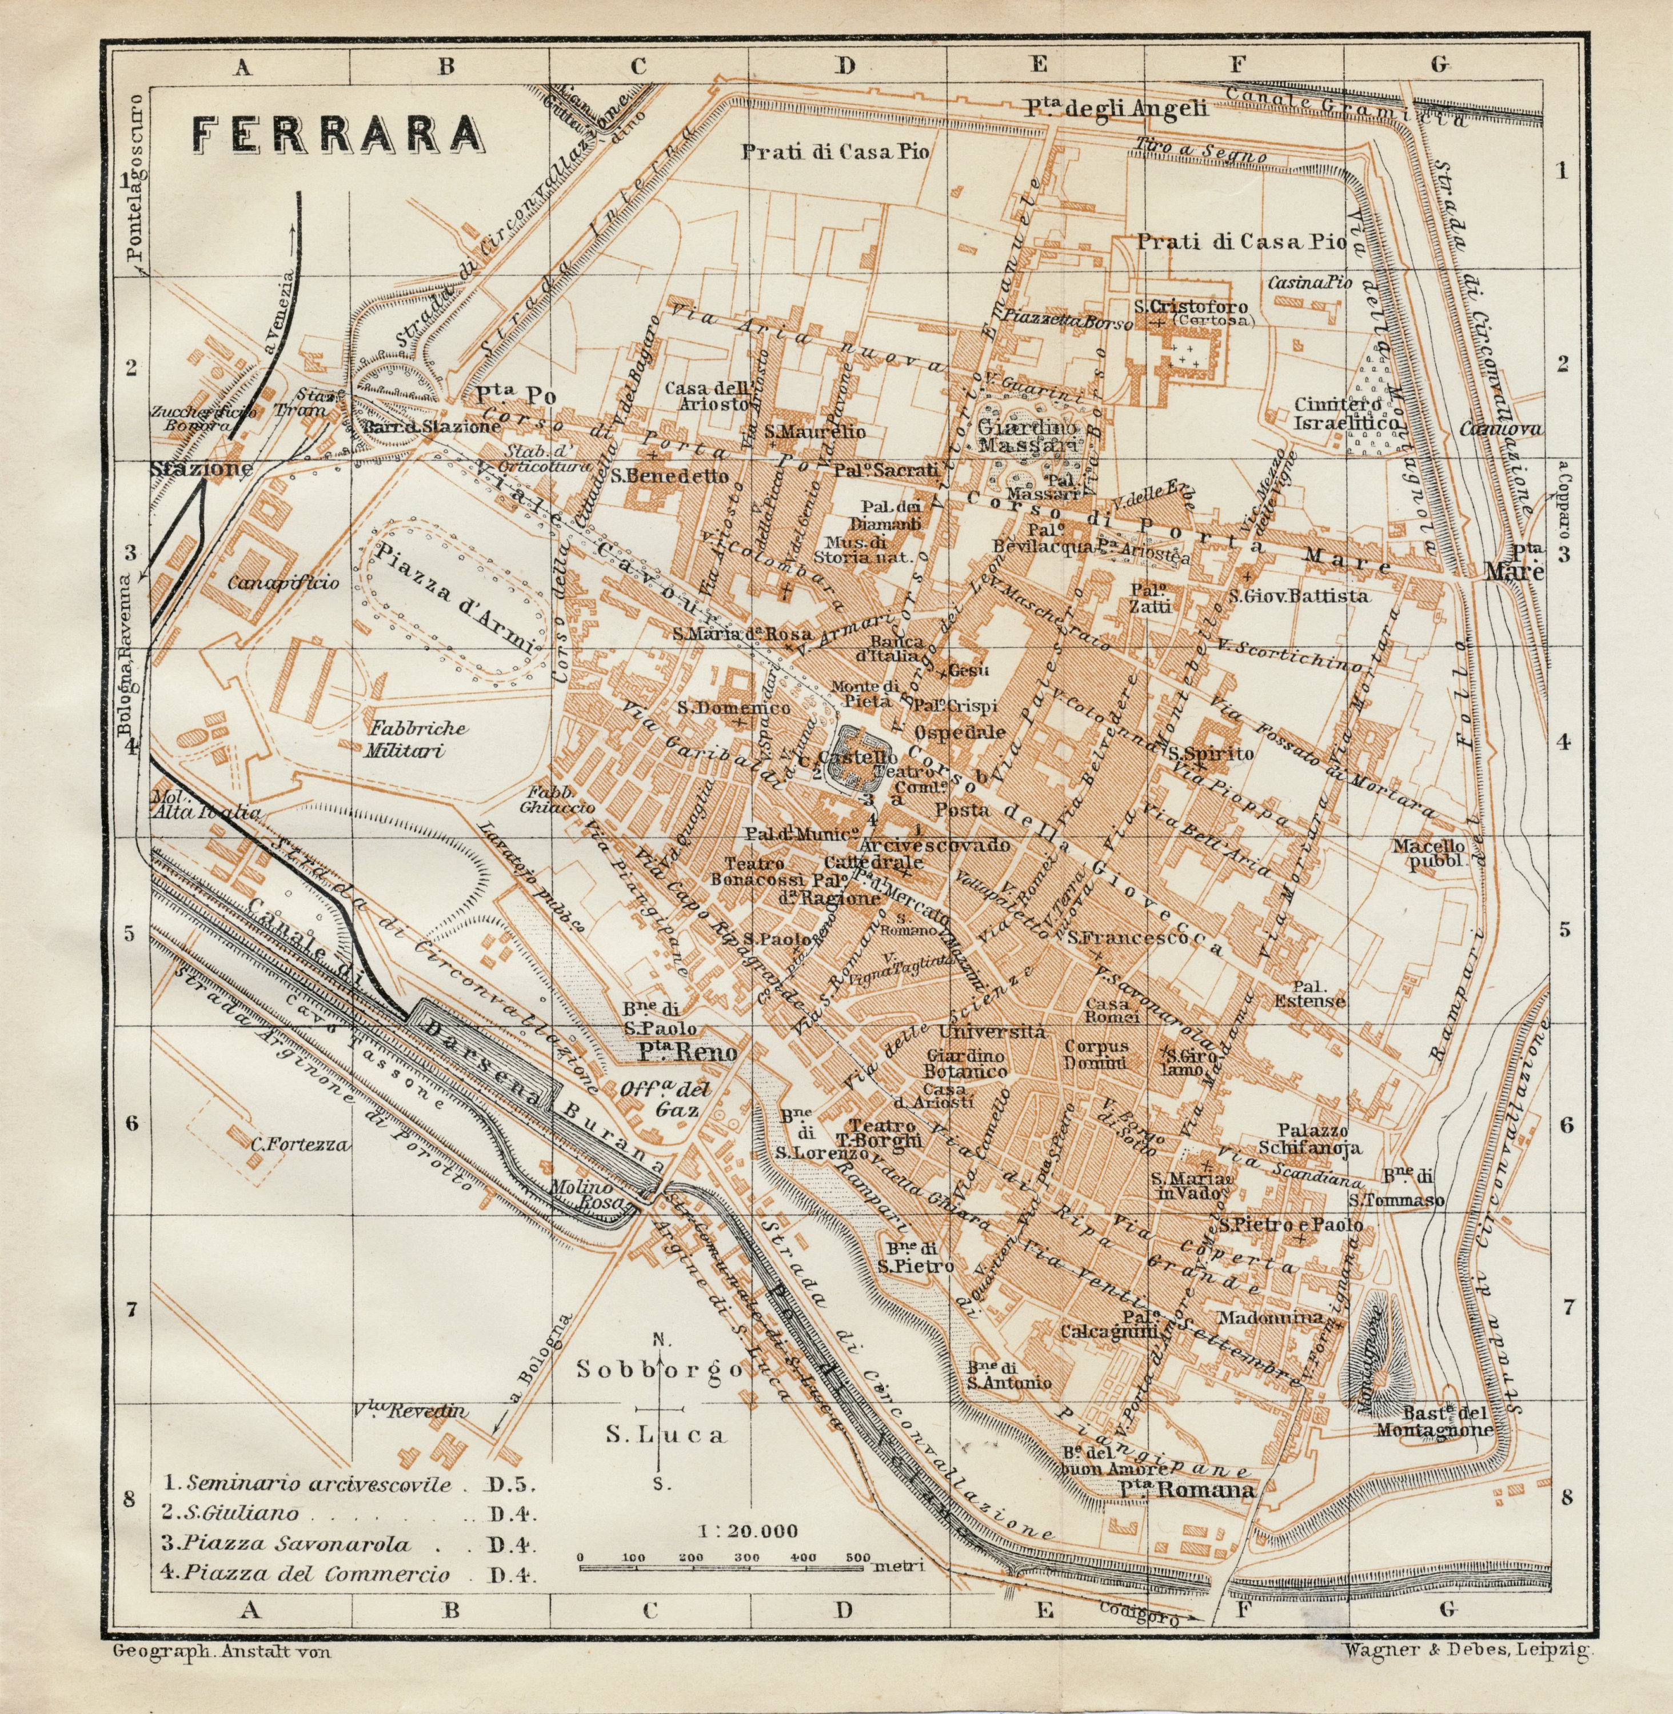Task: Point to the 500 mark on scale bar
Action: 857,1557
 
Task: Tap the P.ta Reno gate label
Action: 686,1052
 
